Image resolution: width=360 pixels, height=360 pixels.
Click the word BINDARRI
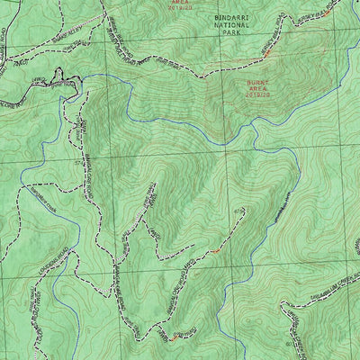(233, 18)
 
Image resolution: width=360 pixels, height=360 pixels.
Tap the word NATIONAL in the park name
(233, 26)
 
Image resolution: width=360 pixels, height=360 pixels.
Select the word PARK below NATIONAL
(233, 35)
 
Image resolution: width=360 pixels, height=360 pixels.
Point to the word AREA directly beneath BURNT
(258, 89)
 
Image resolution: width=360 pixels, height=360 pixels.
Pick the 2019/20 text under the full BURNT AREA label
(258, 96)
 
